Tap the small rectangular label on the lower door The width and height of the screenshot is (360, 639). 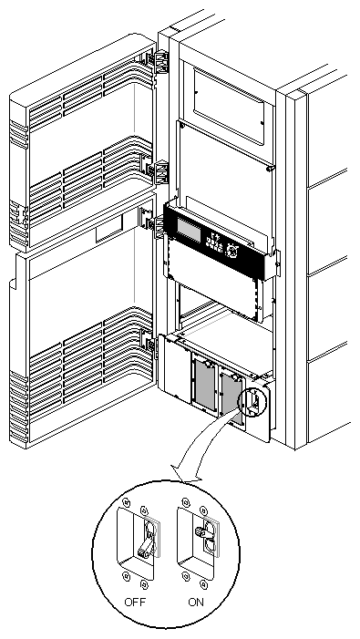point(111,233)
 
